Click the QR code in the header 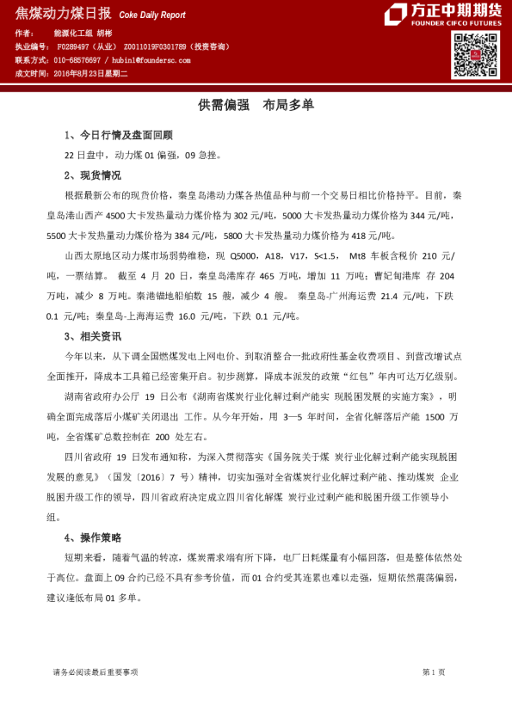tap(470, 55)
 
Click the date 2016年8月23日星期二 tap(90, 75)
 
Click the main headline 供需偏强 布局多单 tap(256, 105)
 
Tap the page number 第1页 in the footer tap(434, 672)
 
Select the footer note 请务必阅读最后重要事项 tap(95, 672)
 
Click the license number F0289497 tap(74, 47)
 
